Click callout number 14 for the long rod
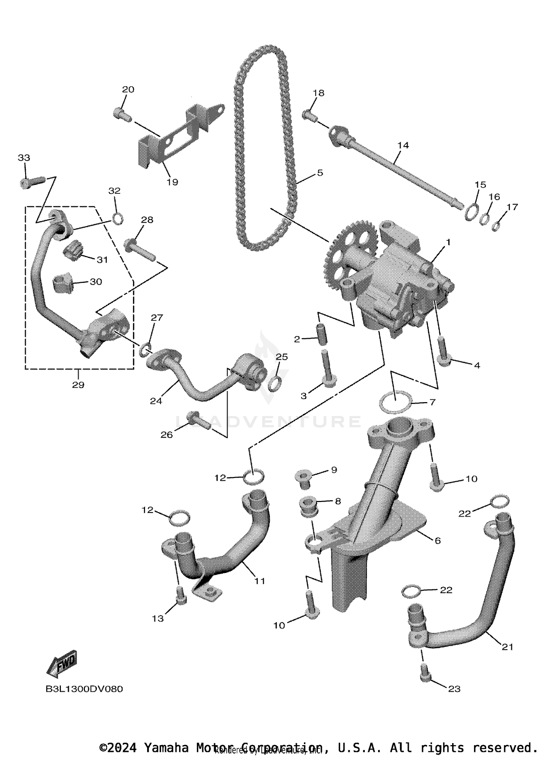(x=403, y=145)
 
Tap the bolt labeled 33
(x=31, y=182)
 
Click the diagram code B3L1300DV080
(x=84, y=689)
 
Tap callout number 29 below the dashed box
(x=78, y=385)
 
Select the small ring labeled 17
(x=496, y=226)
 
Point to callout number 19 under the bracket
(x=172, y=182)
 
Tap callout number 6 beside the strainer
(x=437, y=540)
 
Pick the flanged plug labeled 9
(x=304, y=478)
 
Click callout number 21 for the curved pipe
(x=507, y=647)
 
